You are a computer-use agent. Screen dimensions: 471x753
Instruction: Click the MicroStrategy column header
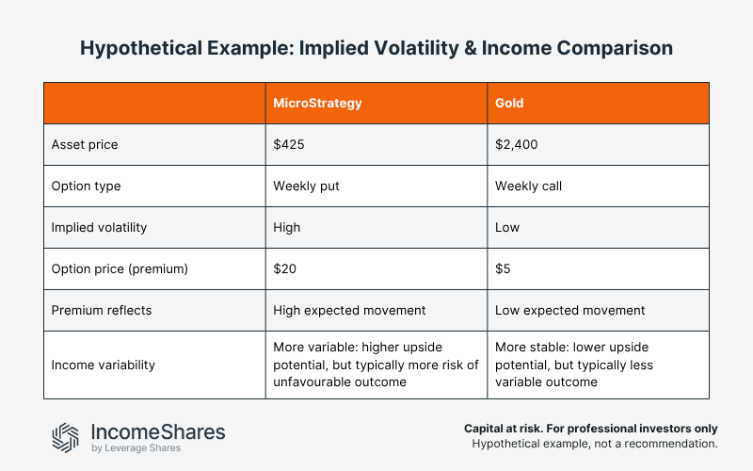coord(317,103)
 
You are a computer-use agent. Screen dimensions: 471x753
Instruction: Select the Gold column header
coord(509,103)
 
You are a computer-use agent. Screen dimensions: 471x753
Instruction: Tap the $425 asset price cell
coord(287,144)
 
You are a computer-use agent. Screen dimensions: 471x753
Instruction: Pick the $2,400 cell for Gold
coord(516,144)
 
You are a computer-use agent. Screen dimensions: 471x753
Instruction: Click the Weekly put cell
coord(306,186)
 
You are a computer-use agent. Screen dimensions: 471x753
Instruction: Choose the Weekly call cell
coord(528,186)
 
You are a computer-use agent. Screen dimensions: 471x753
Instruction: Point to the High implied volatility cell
coord(286,227)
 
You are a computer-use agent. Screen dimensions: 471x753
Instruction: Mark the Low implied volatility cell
coord(507,227)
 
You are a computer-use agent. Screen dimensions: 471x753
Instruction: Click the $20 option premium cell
coord(283,268)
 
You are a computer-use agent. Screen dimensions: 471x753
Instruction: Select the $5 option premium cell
coord(504,268)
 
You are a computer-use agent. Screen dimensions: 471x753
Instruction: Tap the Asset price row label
coord(85,144)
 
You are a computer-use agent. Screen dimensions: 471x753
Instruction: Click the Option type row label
coord(86,186)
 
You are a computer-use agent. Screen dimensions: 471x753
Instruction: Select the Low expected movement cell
coord(569,310)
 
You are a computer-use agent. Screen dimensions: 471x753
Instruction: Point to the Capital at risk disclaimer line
coord(591,427)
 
